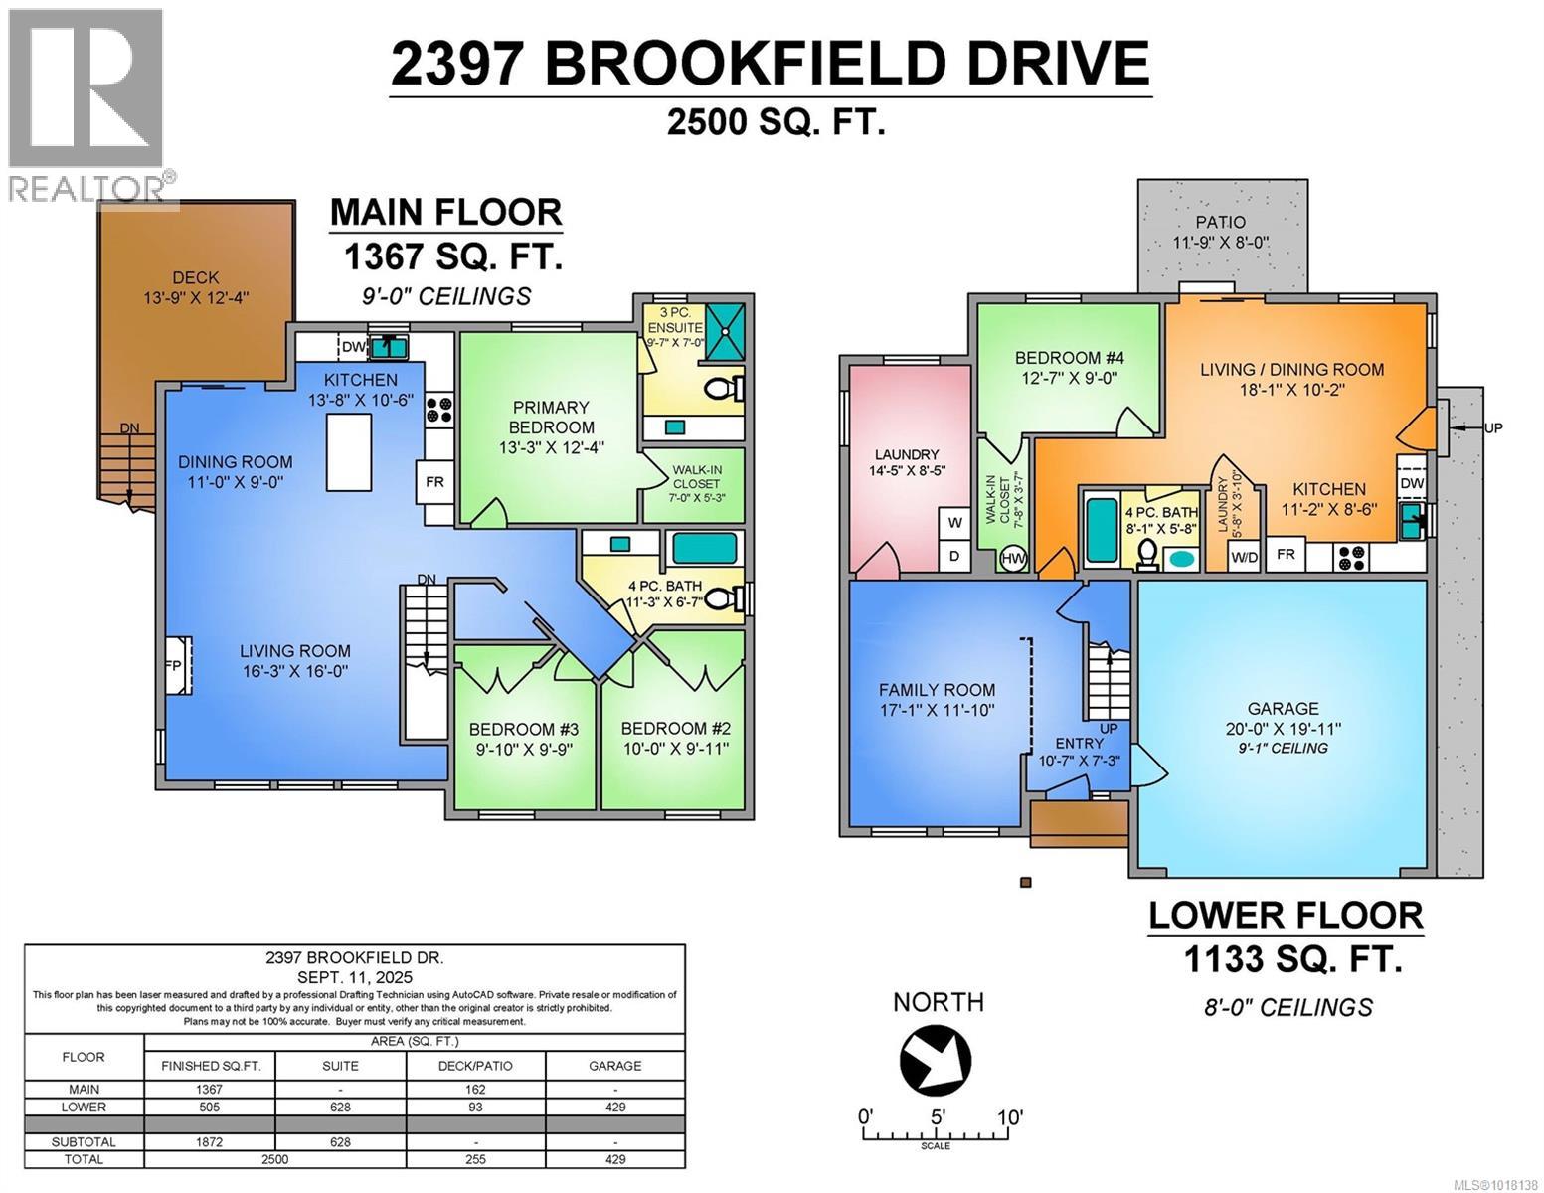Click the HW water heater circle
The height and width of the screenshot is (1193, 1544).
(1013, 559)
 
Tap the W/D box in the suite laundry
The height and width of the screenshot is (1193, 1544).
(1243, 557)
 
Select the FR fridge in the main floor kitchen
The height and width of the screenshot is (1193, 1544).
(434, 482)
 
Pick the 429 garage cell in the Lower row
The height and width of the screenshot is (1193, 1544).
(614, 1107)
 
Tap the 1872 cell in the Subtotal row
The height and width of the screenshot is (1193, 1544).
(210, 1142)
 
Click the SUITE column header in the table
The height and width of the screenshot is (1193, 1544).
(341, 1065)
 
